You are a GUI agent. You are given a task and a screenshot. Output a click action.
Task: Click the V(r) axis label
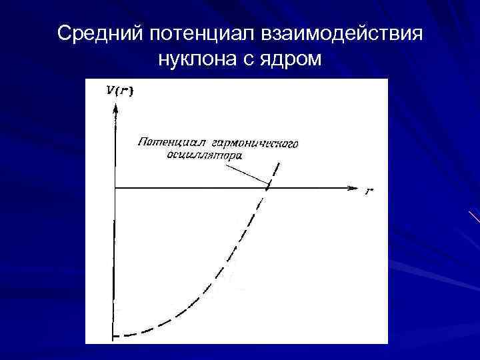pyautogui.click(x=119, y=91)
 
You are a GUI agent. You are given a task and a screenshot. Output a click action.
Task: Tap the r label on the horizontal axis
pyautogui.click(x=369, y=191)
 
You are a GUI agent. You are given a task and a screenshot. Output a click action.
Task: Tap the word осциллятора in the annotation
pyautogui.click(x=204, y=155)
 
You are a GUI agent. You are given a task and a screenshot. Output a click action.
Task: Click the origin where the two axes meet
pyautogui.click(x=115, y=188)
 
